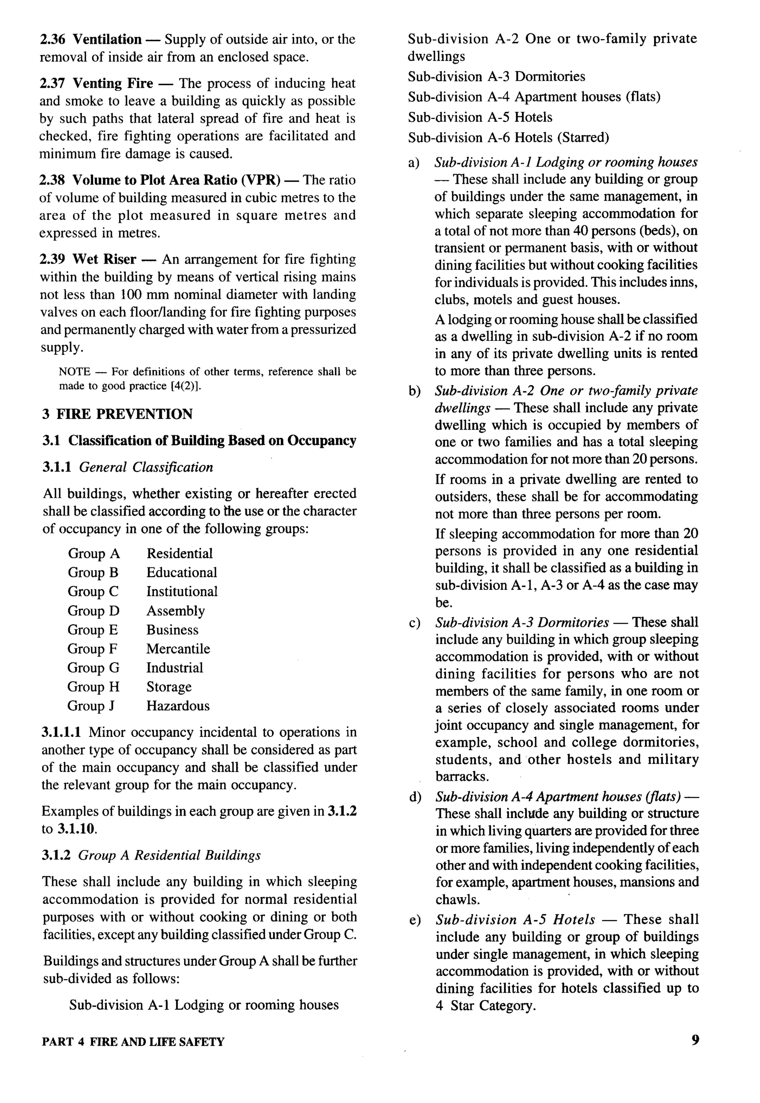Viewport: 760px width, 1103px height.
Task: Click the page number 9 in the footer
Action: tap(695, 1040)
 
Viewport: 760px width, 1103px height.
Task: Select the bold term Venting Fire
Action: tap(113, 84)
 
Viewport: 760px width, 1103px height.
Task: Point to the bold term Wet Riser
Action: tap(104, 259)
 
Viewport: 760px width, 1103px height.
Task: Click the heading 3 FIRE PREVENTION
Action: tap(117, 414)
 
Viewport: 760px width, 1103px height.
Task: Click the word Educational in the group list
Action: tap(181, 572)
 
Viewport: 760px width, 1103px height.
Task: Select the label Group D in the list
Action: tap(94, 611)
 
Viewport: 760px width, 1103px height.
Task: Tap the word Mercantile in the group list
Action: tap(178, 649)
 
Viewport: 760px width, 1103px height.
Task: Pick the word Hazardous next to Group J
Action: tap(178, 706)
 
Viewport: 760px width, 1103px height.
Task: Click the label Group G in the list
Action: tap(94, 668)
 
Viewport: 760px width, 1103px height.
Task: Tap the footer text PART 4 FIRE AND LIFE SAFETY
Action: tap(133, 1042)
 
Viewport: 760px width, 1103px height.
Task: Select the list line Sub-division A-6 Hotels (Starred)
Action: tap(508, 138)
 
